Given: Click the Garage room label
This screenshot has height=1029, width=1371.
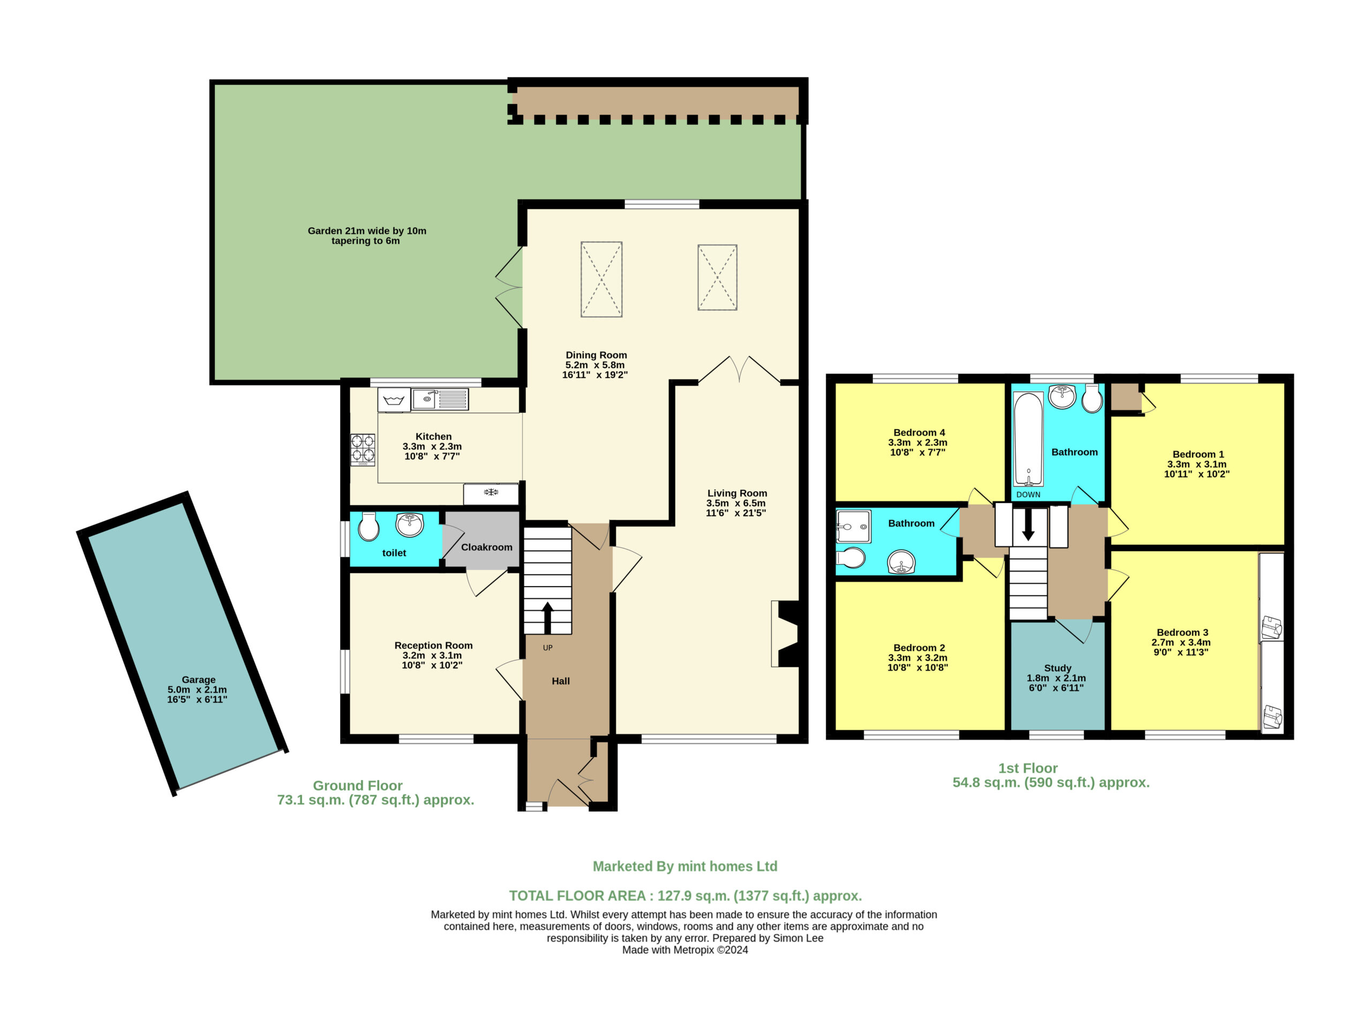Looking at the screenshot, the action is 198,679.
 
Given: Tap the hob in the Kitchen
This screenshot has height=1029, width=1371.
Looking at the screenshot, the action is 363,450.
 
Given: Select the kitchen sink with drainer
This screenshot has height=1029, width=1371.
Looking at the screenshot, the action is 440,399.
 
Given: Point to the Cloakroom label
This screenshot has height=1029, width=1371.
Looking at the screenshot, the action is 486,547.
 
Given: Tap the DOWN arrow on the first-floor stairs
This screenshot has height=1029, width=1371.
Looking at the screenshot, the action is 1028,524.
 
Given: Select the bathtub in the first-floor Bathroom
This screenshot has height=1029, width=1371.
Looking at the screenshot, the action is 1028,439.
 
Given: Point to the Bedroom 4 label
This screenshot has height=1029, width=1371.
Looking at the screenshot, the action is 919,432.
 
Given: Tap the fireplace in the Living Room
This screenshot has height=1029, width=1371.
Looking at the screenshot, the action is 786,634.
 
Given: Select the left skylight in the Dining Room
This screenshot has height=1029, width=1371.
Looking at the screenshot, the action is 601,280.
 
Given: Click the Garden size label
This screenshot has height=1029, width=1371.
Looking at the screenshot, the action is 367,236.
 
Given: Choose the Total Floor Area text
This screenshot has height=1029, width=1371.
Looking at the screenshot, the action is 685,896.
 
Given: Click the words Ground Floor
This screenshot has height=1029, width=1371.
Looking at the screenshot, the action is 358,785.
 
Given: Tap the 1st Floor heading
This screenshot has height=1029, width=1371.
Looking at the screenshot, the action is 1028,768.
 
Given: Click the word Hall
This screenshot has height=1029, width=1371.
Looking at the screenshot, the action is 561,681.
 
